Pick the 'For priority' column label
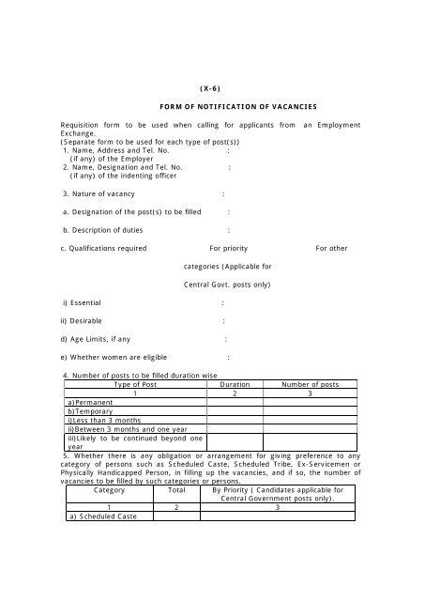[x=230, y=248]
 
